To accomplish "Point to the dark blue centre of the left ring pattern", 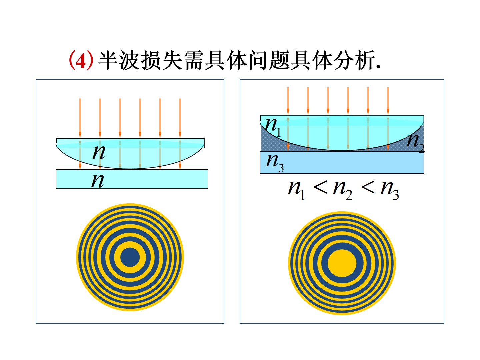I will [130, 257].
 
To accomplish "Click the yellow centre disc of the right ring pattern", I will [342, 263].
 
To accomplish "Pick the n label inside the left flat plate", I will [98, 180].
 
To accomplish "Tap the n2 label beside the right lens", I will [415, 141].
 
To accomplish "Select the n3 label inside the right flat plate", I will [275, 162].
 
